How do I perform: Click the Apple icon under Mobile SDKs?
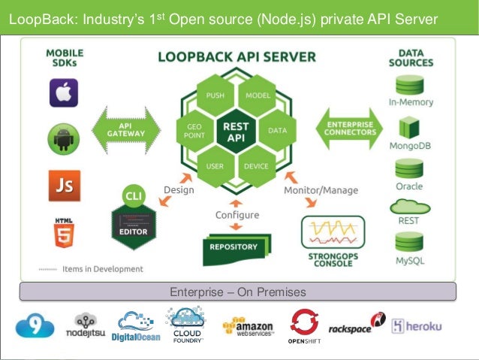tap(64, 93)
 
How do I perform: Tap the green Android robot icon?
tap(64, 139)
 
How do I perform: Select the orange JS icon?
tap(64, 185)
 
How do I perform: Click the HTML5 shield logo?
tap(64, 232)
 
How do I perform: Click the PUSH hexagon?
tap(215, 95)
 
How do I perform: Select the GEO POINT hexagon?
tap(194, 131)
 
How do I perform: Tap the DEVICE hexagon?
tap(257, 166)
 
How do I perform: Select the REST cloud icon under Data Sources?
tap(410, 206)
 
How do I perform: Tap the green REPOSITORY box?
tap(233, 247)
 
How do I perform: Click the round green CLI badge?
tap(132, 196)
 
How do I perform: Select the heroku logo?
tap(415, 326)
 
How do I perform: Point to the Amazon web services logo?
tap(248, 327)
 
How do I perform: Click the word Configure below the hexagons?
tap(237, 215)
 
